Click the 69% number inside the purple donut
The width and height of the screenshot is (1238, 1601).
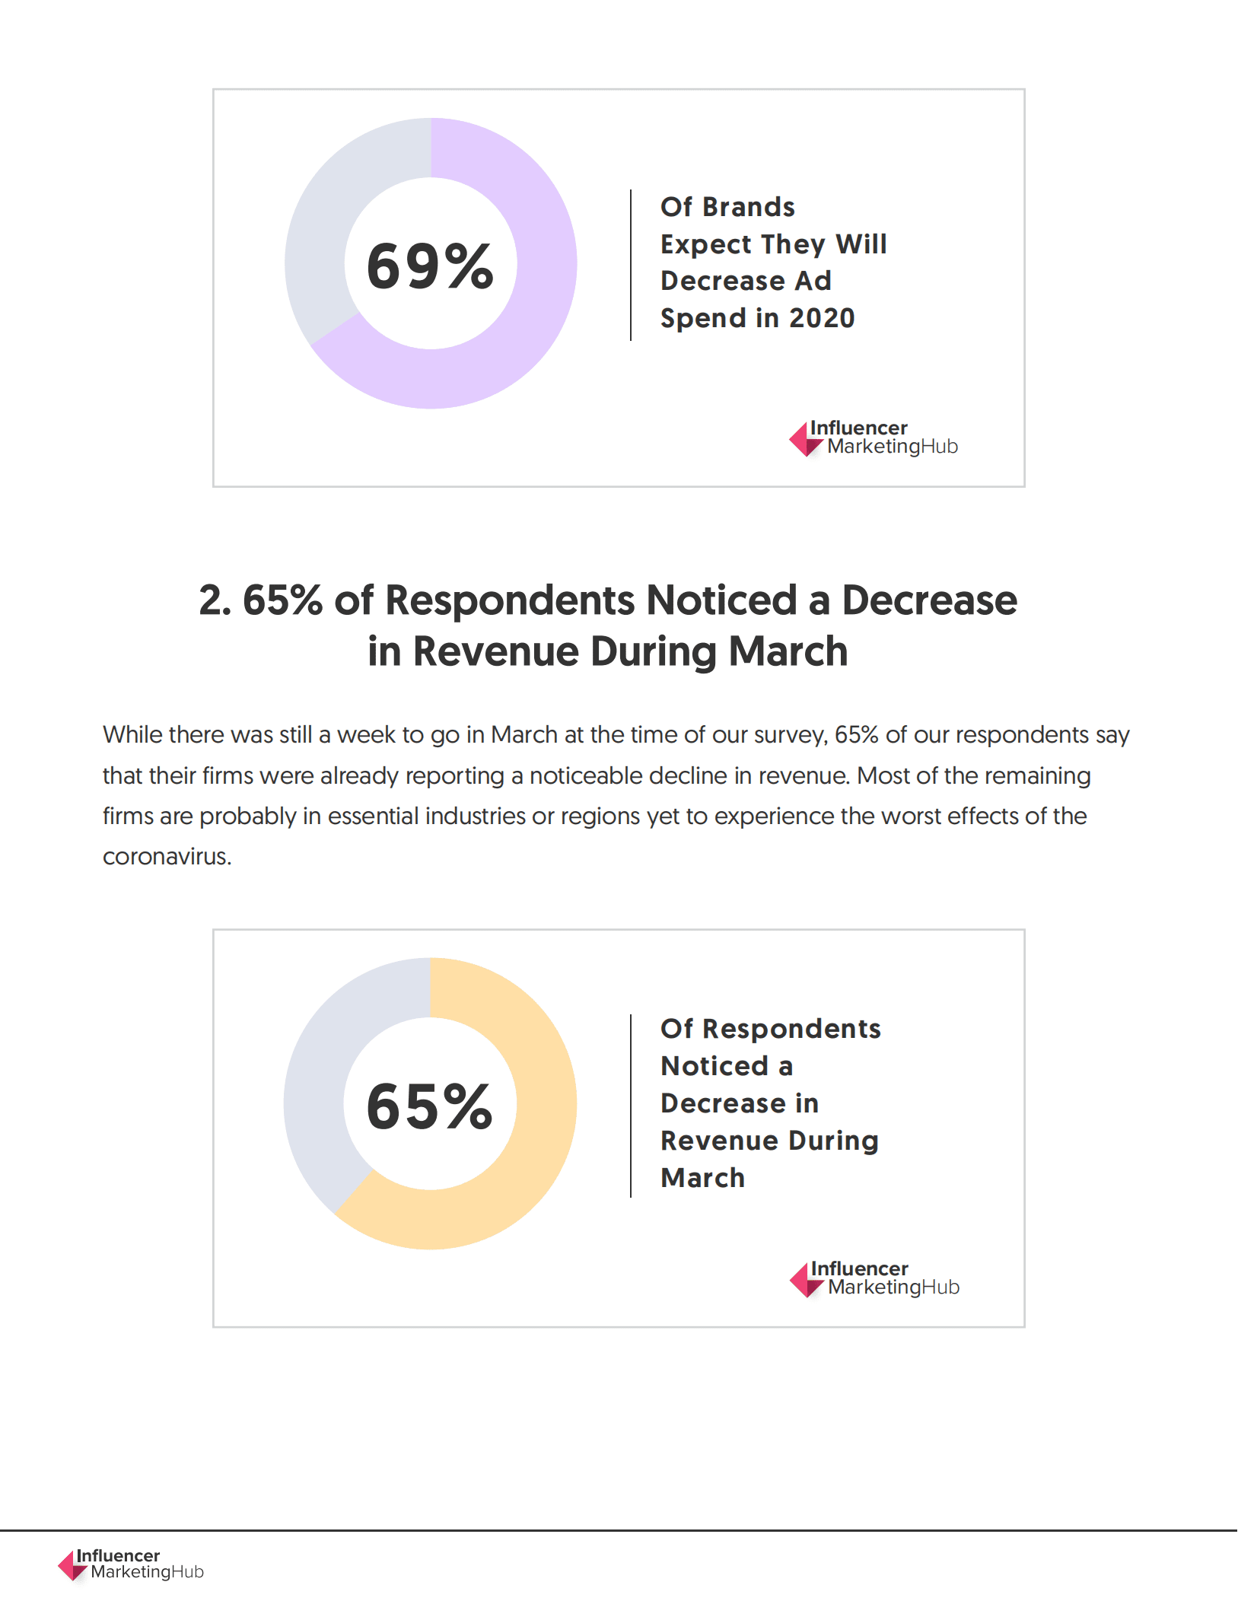[x=430, y=266]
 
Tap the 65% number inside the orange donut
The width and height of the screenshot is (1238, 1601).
[x=430, y=1106]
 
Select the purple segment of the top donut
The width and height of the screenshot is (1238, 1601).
[x=533, y=320]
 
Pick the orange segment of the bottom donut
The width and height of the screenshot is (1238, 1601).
[x=533, y=1157]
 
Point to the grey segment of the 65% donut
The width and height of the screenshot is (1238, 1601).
[x=316, y=1081]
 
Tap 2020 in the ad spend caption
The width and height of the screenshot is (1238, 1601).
[x=822, y=318]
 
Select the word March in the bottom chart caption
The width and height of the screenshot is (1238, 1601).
[x=702, y=1178]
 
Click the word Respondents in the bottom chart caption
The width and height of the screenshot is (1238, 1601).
[x=791, y=1029]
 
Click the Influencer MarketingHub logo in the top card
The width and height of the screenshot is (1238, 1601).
[x=874, y=438]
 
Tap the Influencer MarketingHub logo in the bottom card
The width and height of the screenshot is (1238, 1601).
[x=874, y=1279]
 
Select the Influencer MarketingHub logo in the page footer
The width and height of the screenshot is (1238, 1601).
[x=131, y=1564]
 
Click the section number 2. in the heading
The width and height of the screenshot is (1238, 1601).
[x=215, y=600]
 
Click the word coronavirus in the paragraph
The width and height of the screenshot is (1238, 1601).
[x=166, y=857]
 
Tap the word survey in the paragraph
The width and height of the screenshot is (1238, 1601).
[x=790, y=735]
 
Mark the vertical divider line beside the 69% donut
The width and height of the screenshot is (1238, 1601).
[x=631, y=265]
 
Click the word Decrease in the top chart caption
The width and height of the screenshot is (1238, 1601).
[x=722, y=282]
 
